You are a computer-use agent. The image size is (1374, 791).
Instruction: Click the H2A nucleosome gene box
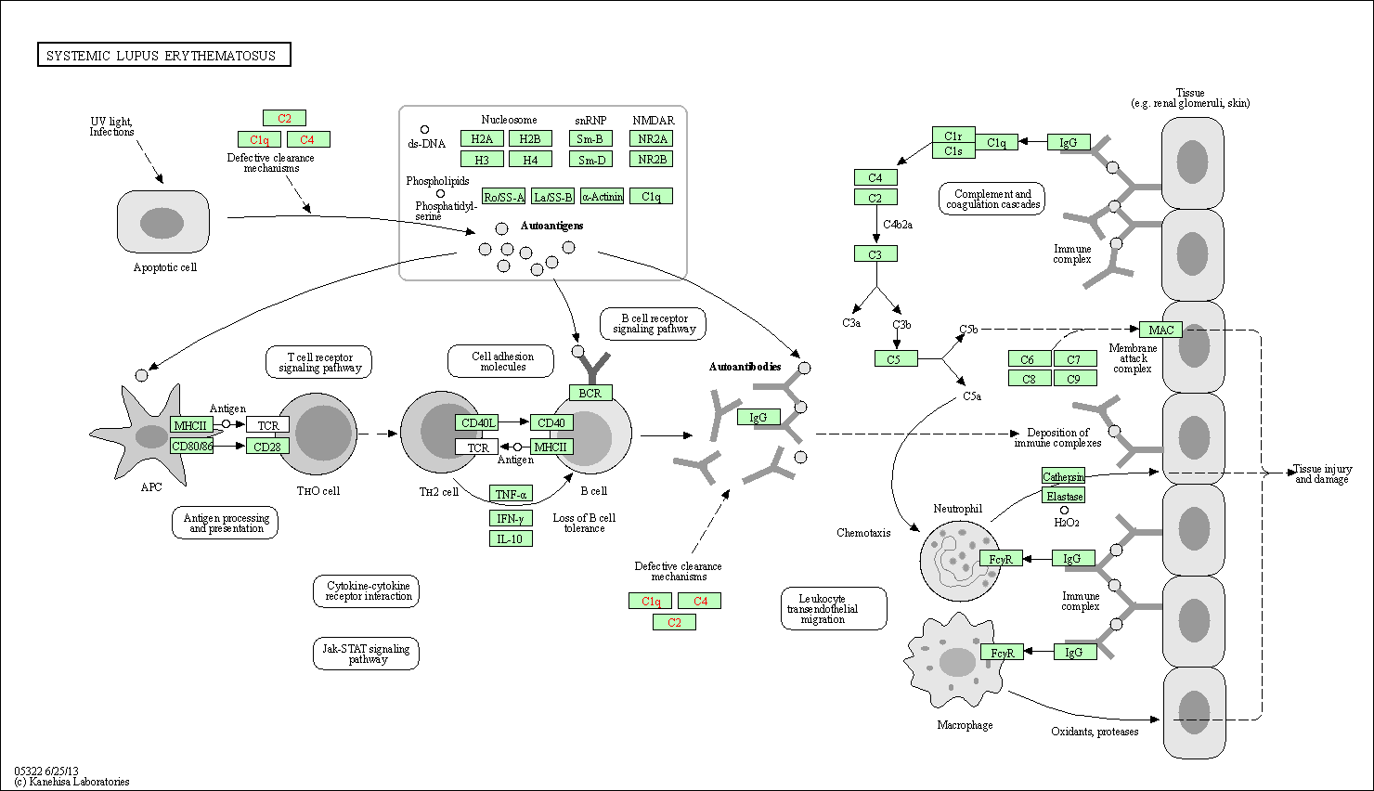tap(482, 139)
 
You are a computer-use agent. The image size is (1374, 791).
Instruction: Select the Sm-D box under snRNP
tap(590, 160)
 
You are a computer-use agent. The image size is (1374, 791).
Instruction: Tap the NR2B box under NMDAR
tap(652, 160)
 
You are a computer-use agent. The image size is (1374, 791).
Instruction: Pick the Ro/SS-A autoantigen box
tap(504, 197)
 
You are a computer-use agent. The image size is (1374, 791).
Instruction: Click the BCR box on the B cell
tap(590, 394)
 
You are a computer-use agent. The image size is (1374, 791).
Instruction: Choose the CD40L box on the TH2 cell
tap(477, 423)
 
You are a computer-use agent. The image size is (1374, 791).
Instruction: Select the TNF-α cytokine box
tap(511, 495)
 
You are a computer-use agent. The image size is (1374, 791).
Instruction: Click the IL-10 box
tap(511, 539)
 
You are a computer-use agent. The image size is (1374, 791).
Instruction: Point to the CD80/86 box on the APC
tap(192, 447)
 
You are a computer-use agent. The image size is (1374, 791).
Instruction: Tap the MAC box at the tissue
tap(1160, 330)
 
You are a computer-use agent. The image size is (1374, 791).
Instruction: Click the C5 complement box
tap(894, 359)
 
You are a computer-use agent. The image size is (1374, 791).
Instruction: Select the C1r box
tap(953, 136)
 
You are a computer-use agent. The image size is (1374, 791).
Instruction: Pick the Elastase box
tap(1064, 497)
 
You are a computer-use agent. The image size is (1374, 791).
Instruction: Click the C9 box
tap(1074, 379)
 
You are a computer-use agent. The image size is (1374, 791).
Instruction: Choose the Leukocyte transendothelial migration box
tap(833, 609)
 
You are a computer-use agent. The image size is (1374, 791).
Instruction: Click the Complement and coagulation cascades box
tap(992, 200)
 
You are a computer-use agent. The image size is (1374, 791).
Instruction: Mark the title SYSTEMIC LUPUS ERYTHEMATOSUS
tap(163, 56)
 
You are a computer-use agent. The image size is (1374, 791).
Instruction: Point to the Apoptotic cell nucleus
tap(162, 223)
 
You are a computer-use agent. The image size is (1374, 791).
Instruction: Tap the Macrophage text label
tap(965, 725)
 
